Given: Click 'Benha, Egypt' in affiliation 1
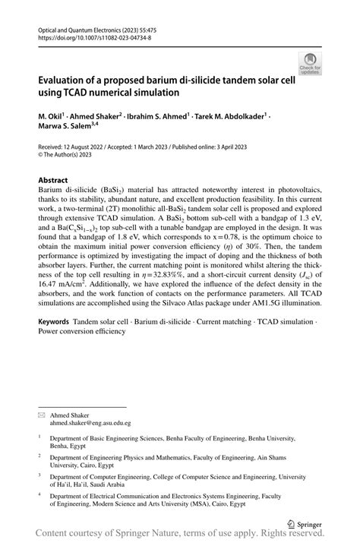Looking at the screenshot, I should click(68, 447).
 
